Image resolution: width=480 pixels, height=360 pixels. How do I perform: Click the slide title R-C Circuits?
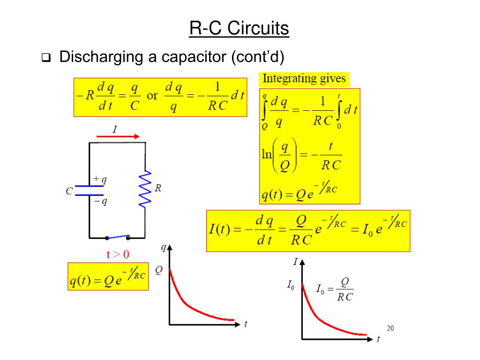click(240, 29)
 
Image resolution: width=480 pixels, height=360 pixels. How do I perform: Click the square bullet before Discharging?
click(45, 58)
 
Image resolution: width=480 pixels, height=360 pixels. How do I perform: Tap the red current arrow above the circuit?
click(118, 136)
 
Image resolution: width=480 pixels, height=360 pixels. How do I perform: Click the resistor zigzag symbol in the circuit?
click(145, 188)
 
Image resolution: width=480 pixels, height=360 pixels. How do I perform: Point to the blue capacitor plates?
click(90, 189)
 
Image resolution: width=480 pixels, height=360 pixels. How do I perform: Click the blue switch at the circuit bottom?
click(118, 237)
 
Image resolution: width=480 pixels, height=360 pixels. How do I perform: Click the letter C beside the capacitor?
click(69, 191)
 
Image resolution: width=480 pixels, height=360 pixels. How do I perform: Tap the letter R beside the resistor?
click(158, 188)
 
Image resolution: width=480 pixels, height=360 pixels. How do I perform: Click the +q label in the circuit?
click(100, 179)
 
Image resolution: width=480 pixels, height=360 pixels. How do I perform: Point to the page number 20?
click(390, 328)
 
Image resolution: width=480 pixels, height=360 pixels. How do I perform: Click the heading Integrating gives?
click(304, 78)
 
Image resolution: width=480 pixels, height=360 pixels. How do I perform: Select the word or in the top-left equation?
click(152, 96)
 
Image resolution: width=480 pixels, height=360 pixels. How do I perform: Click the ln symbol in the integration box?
click(267, 154)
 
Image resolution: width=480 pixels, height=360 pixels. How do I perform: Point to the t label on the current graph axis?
click(378, 339)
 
